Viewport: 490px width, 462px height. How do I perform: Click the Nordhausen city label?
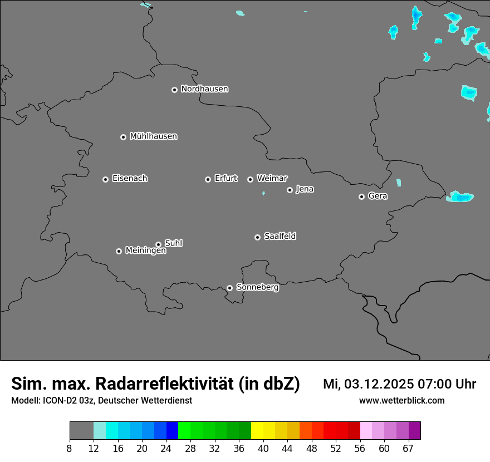point(204,89)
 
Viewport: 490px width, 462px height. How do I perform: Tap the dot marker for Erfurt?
point(208,179)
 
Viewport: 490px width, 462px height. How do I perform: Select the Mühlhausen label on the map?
point(153,136)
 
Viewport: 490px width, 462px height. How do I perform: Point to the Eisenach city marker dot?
point(105,179)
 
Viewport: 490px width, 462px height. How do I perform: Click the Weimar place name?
point(272,179)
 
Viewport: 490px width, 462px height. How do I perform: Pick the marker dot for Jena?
point(290,190)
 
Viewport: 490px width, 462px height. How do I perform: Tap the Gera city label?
point(378,196)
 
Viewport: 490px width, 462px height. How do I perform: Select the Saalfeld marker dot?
point(257,237)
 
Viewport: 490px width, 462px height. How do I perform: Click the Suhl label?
point(174,243)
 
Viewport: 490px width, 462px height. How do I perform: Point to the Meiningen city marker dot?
point(119,251)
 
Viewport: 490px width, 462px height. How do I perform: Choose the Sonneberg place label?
point(257,287)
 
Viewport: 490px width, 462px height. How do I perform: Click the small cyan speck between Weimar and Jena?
point(263,193)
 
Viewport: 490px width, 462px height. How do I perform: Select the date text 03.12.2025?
point(378,384)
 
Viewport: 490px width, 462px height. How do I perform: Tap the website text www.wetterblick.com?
point(401,400)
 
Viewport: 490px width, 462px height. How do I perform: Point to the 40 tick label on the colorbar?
point(263,449)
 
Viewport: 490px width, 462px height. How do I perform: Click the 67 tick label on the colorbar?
point(408,449)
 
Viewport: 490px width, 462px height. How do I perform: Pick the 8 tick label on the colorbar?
point(70,449)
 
